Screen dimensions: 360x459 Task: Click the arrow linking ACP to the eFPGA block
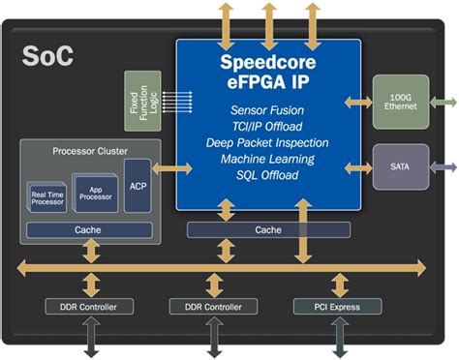[165, 168]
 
